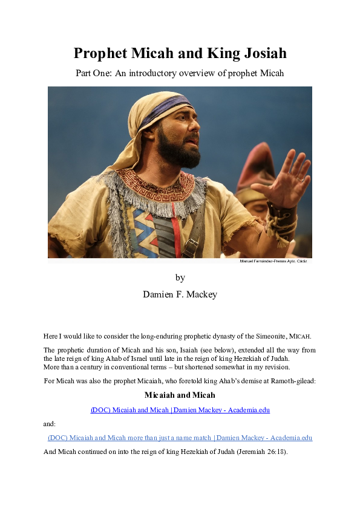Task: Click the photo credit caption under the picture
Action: tap(273, 261)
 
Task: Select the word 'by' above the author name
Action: tap(180, 278)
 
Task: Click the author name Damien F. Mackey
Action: tap(180, 294)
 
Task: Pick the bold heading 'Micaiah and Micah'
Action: tap(180, 395)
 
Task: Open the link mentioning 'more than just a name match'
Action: tap(180, 438)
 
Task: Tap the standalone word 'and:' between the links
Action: tap(50, 424)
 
